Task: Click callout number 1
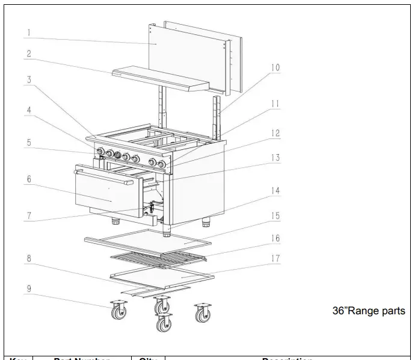[28, 31]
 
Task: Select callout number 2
[28, 54]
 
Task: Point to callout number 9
[28, 288]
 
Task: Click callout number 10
[274, 68]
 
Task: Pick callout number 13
[275, 158]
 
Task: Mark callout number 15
[275, 215]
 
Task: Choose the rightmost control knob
[161, 163]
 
